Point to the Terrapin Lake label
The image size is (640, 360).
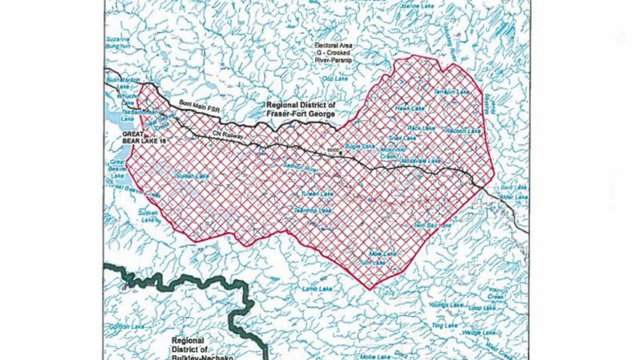(x=452, y=92)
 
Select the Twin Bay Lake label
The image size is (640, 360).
(x=433, y=226)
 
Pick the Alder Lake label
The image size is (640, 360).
(x=514, y=197)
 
